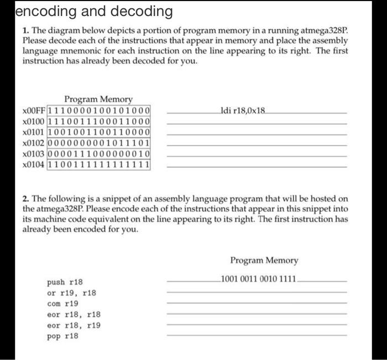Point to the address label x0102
[34, 142]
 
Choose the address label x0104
[34, 164]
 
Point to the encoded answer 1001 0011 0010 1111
[259, 278]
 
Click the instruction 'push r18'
[65, 282]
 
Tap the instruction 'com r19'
[62, 303]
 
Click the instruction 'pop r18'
[62, 336]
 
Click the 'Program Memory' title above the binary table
[98, 99]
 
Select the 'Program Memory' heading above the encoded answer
[264, 260]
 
